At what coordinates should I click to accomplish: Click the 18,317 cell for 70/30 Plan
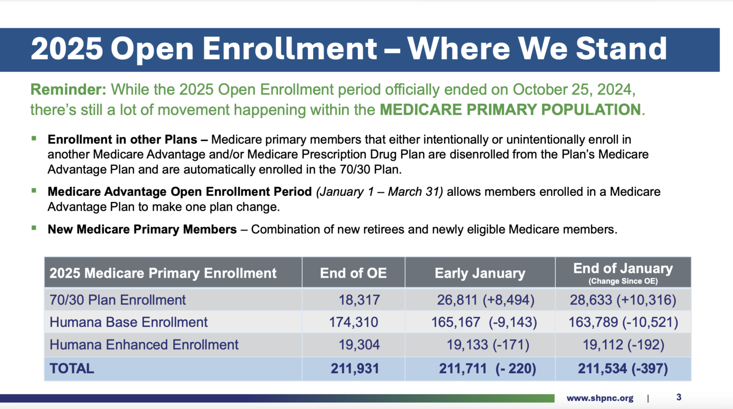[x=359, y=300]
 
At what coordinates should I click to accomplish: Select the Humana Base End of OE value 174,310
[x=353, y=323]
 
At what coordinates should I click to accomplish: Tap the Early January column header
[x=480, y=273]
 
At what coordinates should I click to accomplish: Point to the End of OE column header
[x=353, y=273]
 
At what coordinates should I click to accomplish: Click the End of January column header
[x=623, y=272]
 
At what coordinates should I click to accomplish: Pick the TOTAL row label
[x=72, y=369]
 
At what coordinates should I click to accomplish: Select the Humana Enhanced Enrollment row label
[x=144, y=345]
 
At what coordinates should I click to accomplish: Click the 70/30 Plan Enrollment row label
[x=117, y=300]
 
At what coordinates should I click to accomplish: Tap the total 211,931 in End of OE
[x=355, y=369]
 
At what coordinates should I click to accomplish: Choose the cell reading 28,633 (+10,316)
[x=623, y=300]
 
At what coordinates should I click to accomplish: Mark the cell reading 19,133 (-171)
[x=487, y=345]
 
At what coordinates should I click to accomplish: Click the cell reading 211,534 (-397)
[x=623, y=369]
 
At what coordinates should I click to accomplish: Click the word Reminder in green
[x=68, y=90]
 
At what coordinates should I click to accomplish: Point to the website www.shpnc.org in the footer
[x=600, y=398]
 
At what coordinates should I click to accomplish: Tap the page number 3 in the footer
[x=679, y=398]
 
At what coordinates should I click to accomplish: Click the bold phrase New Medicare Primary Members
[x=142, y=230]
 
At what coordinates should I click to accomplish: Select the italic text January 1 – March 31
[x=379, y=192]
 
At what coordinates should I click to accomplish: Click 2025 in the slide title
[x=67, y=49]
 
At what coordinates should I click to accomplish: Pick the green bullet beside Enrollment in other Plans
[x=34, y=139]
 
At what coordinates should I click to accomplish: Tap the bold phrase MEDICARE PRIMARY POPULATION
[x=510, y=110]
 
